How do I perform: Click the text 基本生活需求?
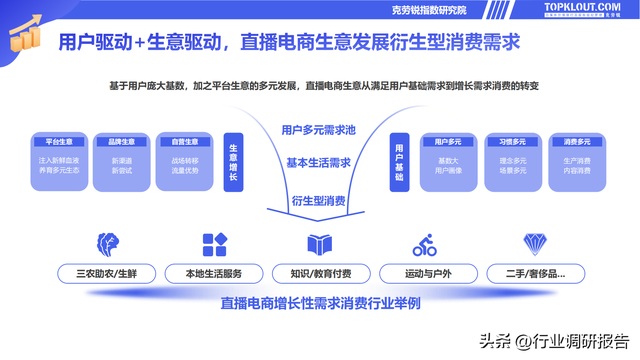tap(319, 162)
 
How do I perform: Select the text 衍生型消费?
tap(319, 200)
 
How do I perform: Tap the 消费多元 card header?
tap(578, 141)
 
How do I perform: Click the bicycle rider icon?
tap(425, 244)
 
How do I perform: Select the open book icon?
tap(320, 244)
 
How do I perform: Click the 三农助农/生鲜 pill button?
tap(105, 273)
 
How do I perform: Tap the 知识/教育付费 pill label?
tap(320, 273)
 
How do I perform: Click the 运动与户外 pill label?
tap(426, 273)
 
